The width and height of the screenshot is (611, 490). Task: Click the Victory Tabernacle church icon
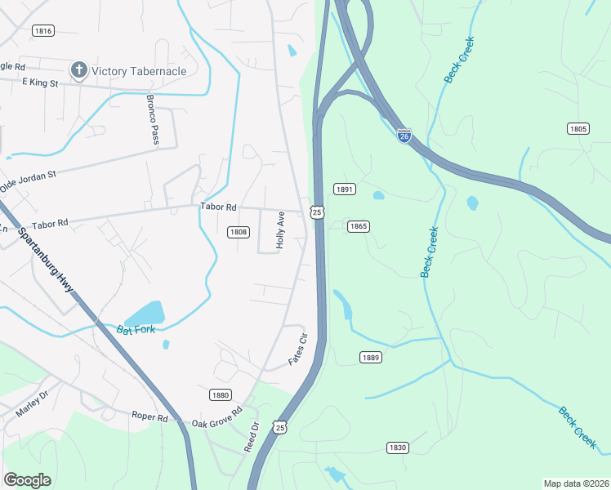[78, 70]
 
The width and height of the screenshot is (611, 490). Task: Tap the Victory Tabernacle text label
[139, 71]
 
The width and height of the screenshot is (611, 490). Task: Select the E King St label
[40, 83]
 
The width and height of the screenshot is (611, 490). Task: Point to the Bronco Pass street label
[152, 120]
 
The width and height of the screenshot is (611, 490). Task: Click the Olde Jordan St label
[28, 180]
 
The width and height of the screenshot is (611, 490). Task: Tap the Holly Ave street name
[279, 231]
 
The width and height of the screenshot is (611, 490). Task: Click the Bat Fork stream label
[136, 331]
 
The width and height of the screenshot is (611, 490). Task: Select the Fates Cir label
[297, 349]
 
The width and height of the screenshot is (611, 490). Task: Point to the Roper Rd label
[149, 416]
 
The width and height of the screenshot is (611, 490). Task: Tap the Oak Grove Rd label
[216, 416]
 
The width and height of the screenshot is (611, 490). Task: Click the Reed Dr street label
[252, 437]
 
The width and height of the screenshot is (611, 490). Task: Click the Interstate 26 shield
[404, 136]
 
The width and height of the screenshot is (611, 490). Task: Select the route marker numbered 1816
[43, 30]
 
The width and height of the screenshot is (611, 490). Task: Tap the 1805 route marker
[578, 128]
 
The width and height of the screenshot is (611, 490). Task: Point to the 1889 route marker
[371, 357]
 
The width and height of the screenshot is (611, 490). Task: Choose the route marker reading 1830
[397, 448]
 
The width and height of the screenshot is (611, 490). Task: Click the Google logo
[27, 480]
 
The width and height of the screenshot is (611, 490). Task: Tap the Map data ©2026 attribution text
[577, 483]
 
